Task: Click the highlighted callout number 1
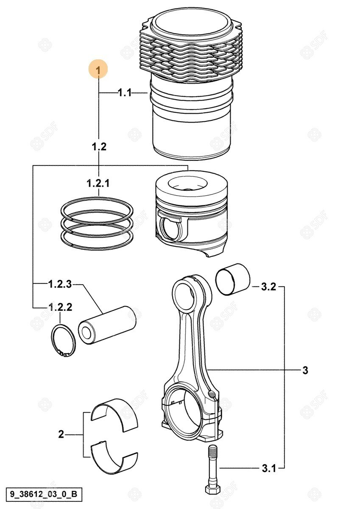point(98,69)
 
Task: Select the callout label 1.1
point(125,93)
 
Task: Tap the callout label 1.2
point(99,147)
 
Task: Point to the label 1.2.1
point(98,183)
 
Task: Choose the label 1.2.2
point(60,307)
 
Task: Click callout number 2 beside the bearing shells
point(61,434)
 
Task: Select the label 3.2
point(268,287)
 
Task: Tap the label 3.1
point(269,468)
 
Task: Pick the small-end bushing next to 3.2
point(233,280)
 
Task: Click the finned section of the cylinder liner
point(191,55)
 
